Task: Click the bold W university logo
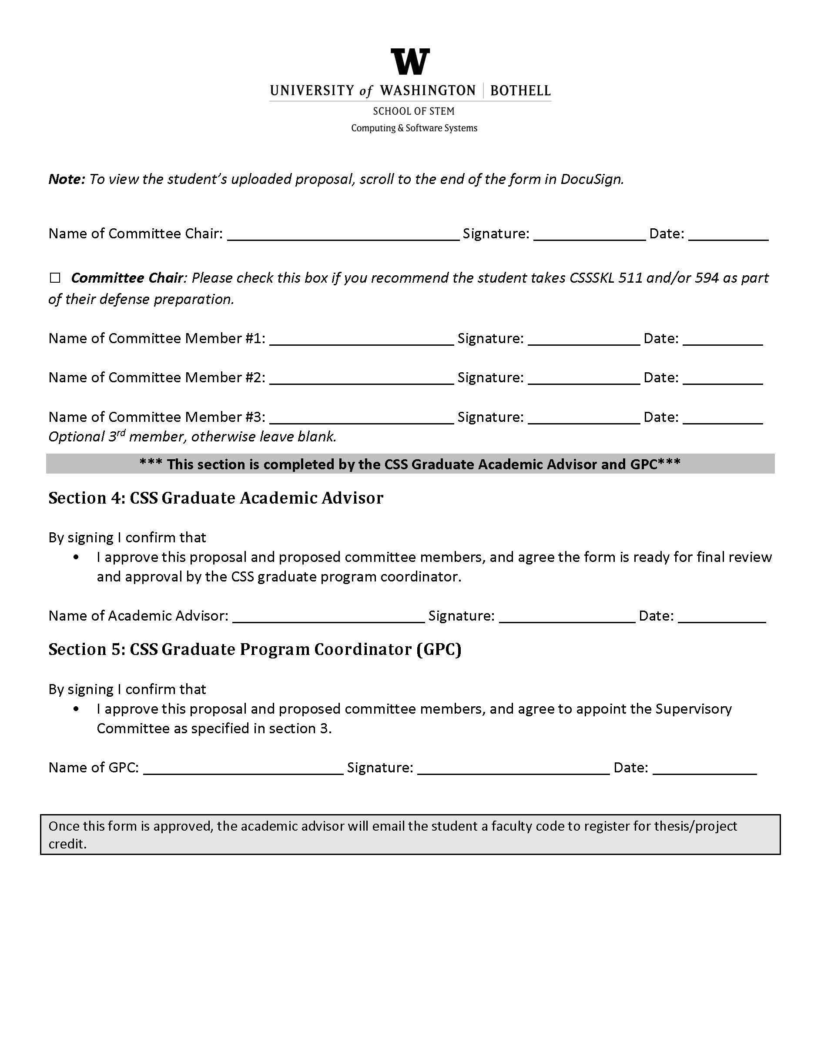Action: (410, 62)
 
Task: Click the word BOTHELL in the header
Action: (520, 91)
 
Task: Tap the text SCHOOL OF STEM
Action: (413, 111)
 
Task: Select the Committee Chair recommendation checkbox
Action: (55, 277)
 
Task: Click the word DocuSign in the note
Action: (591, 180)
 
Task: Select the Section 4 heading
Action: (215, 498)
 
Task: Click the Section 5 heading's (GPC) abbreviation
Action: (439, 650)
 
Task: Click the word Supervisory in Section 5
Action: (693, 709)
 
